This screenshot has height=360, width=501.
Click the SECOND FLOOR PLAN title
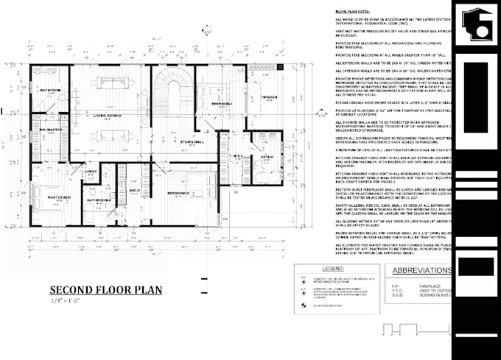pyautogui.click(x=106, y=290)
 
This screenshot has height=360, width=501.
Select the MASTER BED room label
pyautogui.click(x=60, y=198)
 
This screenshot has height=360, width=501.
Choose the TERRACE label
pyautogui.click(x=268, y=96)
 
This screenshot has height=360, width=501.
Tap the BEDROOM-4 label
pyautogui.click(x=222, y=104)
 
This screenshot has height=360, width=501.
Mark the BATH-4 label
pyautogui.click(x=266, y=157)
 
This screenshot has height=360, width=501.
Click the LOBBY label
pyautogui.click(x=91, y=172)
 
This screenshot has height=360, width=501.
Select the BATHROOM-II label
pyautogui.click(x=99, y=200)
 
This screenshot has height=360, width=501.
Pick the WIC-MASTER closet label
pyautogui.click(x=50, y=130)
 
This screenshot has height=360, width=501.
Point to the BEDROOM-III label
pyautogui.click(x=178, y=193)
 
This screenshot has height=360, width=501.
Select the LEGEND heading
pyautogui.click(x=334, y=269)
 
